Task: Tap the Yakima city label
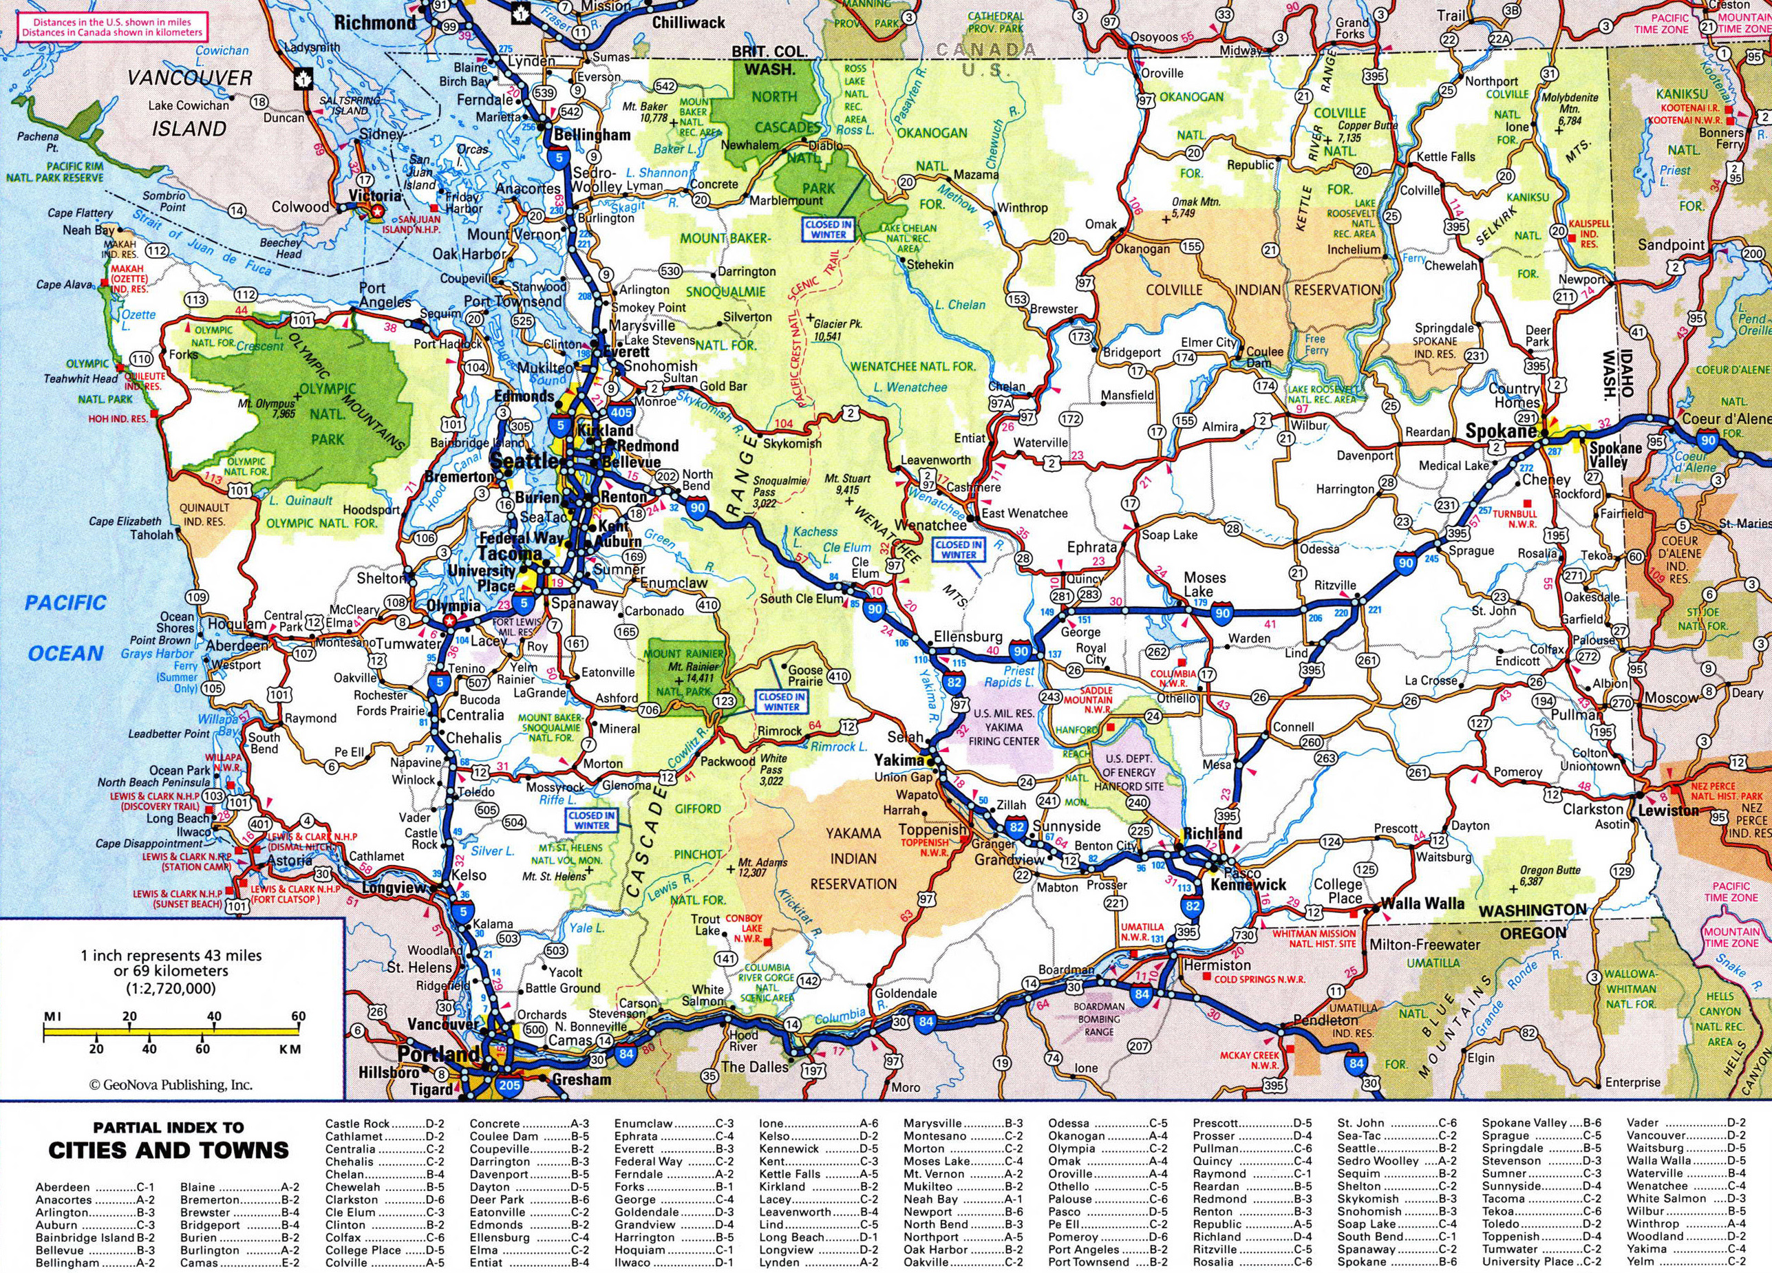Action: (x=898, y=759)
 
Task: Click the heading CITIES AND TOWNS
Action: (x=168, y=1150)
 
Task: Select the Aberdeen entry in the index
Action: (x=63, y=1187)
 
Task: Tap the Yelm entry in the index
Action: (x=1641, y=1261)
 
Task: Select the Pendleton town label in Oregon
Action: (x=1326, y=1020)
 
